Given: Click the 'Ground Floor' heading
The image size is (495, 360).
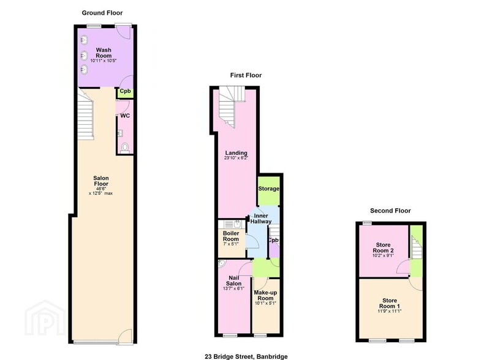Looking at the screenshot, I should pos(102,12).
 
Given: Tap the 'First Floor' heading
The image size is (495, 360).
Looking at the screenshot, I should pos(246,75).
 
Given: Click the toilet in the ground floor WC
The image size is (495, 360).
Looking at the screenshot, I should pos(126,147).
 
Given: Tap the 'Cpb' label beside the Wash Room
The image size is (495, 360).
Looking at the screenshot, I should pos(125,92).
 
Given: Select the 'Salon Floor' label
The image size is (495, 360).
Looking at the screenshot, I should pos(102,182).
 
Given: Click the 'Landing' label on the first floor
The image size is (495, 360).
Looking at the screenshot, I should pos(236,153).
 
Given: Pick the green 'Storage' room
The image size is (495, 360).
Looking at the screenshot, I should pos(268,189).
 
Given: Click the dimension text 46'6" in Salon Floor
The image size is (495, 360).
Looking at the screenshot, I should pos(102,189).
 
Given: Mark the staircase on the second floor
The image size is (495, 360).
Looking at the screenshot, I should pos(417,248).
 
